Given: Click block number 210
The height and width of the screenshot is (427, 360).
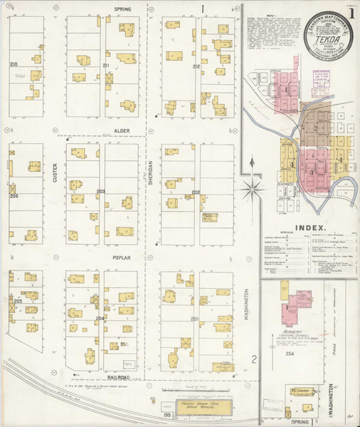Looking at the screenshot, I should (14, 65).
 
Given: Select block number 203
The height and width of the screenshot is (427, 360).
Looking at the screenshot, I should (101, 191).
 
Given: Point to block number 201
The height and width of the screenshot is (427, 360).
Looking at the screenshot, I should (194, 319).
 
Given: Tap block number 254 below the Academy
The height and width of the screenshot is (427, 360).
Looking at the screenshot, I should (290, 353).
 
